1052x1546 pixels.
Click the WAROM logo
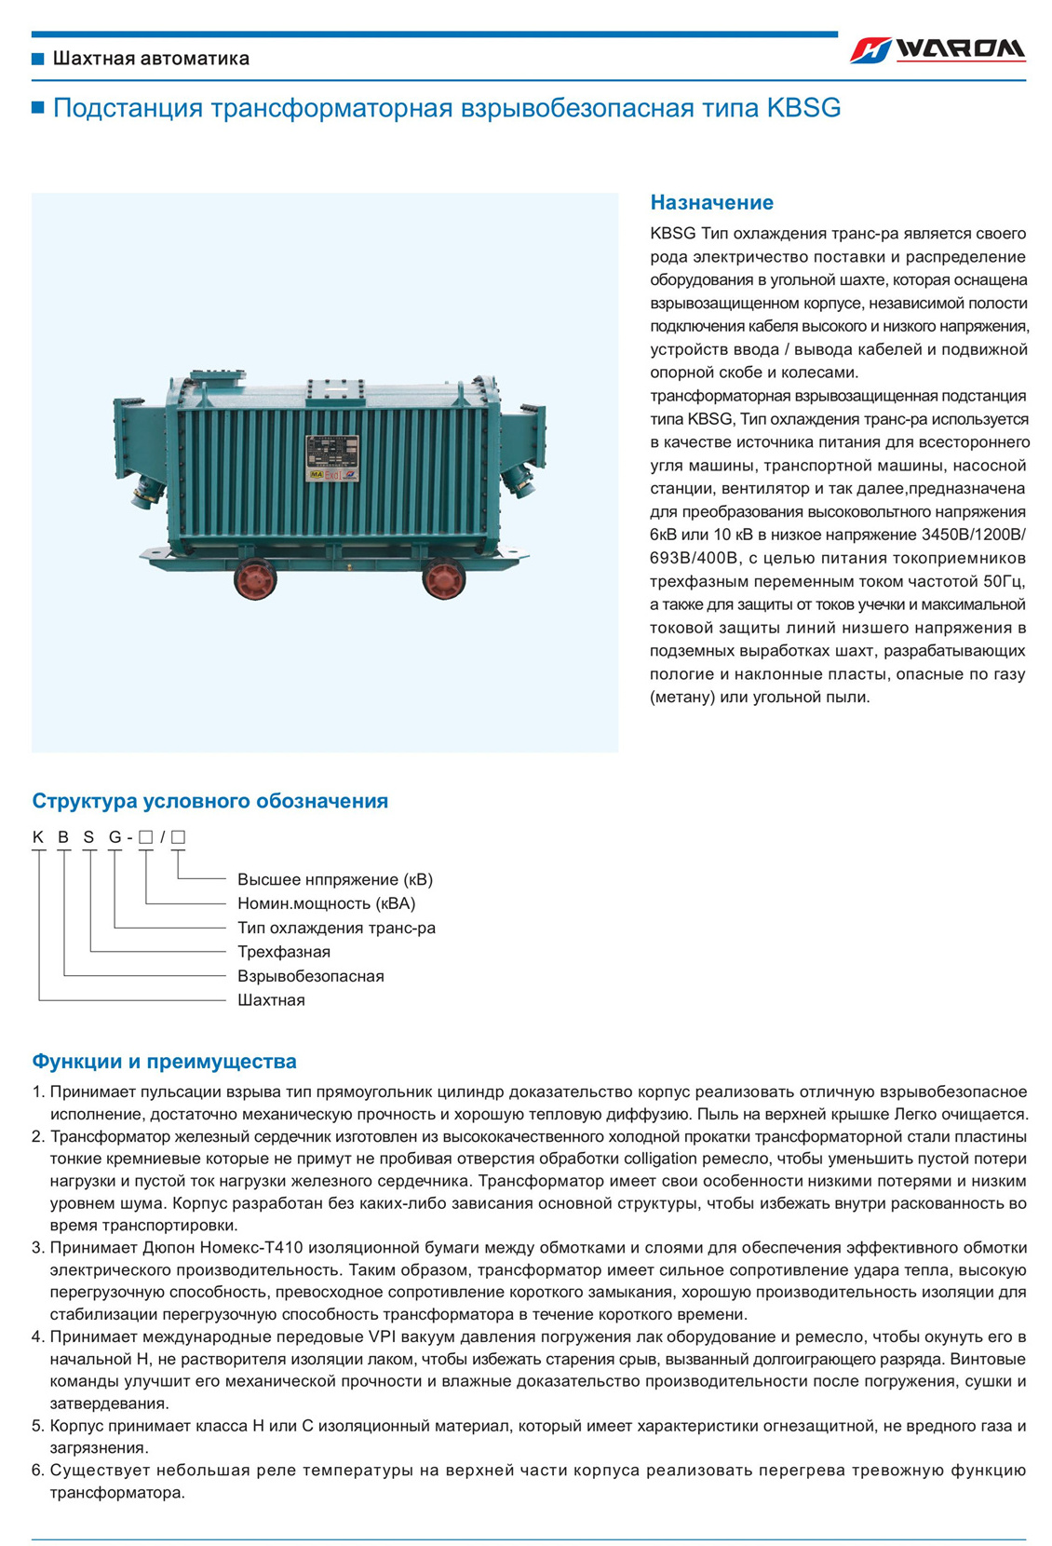[x=937, y=50]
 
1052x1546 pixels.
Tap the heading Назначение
[x=711, y=202]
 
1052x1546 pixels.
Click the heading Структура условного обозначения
[x=209, y=801]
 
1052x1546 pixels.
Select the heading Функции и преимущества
[x=164, y=1061]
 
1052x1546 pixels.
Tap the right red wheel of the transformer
[x=443, y=577]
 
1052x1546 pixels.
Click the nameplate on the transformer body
[x=332, y=460]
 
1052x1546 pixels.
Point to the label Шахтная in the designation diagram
[x=271, y=1000]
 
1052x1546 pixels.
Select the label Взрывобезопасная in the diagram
[x=310, y=976]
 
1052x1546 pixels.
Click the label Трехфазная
[x=284, y=952]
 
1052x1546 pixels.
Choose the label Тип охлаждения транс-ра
[x=336, y=928]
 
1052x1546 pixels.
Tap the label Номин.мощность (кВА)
[x=326, y=903]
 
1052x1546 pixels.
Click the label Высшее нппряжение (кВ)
[x=334, y=879]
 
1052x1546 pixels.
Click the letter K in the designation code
[x=38, y=836]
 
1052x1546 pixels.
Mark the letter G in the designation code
[x=115, y=836]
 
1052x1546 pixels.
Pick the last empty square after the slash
[x=178, y=836]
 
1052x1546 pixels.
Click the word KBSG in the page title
[x=803, y=108]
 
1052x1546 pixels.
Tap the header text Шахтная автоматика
[x=151, y=59]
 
